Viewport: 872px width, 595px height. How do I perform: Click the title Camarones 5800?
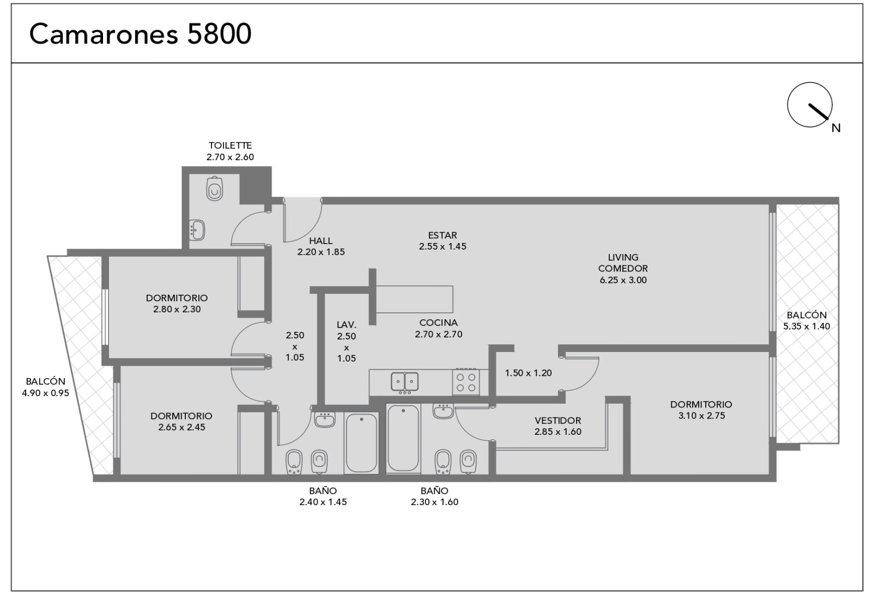pyautogui.click(x=140, y=34)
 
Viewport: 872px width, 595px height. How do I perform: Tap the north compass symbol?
pyautogui.click(x=810, y=105)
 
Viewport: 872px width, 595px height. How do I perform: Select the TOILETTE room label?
pyautogui.click(x=230, y=145)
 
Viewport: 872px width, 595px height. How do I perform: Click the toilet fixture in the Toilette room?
pyautogui.click(x=215, y=189)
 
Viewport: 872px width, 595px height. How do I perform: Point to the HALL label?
pyautogui.click(x=321, y=241)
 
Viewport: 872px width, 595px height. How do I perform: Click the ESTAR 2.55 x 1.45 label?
pyautogui.click(x=443, y=241)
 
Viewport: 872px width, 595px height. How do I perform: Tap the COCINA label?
pyautogui.click(x=438, y=323)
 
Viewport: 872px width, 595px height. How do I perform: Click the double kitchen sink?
pyautogui.click(x=405, y=381)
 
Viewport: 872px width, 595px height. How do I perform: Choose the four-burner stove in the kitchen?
pyautogui.click(x=466, y=382)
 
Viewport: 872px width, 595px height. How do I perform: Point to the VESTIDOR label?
pyautogui.click(x=558, y=420)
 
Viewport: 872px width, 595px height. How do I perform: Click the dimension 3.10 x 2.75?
pyautogui.click(x=701, y=416)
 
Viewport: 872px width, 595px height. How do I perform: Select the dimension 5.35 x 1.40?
pyautogui.click(x=807, y=326)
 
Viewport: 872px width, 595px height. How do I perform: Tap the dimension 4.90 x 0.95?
pyautogui.click(x=46, y=393)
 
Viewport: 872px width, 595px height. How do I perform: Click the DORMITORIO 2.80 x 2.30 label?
pyautogui.click(x=177, y=303)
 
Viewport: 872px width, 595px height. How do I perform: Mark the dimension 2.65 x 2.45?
pyautogui.click(x=181, y=427)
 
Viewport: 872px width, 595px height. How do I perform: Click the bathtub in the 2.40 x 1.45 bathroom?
pyautogui.click(x=362, y=443)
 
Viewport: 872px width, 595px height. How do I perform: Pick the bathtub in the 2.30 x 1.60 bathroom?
pyautogui.click(x=403, y=438)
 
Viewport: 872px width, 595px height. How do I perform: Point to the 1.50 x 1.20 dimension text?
pyautogui.click(x=528, y=373)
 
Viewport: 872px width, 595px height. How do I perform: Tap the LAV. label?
pyautogui.click(x=347, y=325)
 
